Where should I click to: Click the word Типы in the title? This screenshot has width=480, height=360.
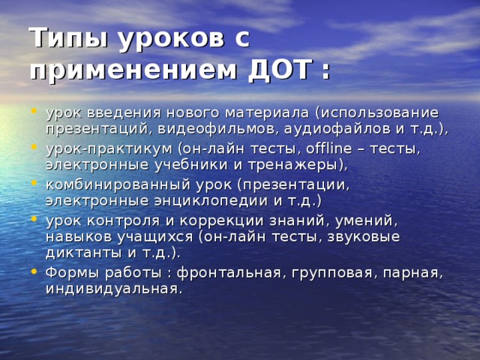[69, 38]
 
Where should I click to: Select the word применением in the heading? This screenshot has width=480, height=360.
[133, 72]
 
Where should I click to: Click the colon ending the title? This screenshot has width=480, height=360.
[326, 72]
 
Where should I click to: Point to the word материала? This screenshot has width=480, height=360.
[267, 113]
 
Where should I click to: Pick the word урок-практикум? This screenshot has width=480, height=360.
[109, 149]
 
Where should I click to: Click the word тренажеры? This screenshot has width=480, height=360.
[292, 165]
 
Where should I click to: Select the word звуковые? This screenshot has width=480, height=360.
[364, 237]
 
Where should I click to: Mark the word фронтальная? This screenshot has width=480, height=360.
[229, 273]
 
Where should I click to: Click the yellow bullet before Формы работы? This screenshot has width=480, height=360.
[34, 271]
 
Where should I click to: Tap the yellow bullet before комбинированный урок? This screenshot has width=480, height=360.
[34, 183]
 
